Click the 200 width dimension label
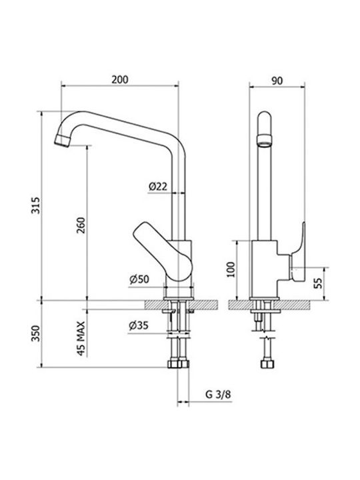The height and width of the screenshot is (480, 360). pos(120,79)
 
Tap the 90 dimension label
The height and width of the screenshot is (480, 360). pos(277,81)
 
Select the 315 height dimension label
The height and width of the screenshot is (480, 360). pos(36,205)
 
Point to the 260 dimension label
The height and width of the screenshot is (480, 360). pos(81,225)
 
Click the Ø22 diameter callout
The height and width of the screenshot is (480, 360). pos(158,186)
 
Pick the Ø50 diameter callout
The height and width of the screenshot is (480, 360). pos(139,279)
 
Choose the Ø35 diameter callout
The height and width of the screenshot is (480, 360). pos(139,325)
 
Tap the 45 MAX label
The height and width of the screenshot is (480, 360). pos(81,338)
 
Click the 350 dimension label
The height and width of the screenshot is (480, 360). pos(36,333)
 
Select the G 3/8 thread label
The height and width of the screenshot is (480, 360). pos(218,394)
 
